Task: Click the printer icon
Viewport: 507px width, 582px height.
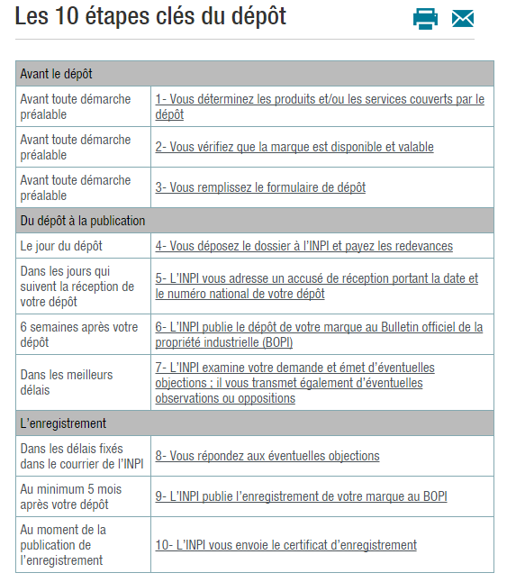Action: (425, 18)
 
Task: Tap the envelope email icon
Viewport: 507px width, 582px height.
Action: (463, 18)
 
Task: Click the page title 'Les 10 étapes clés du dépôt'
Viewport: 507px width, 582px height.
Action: (150, 16)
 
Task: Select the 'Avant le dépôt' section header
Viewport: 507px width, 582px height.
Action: (57, 73)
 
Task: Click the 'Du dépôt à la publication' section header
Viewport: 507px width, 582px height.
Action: (83, 221)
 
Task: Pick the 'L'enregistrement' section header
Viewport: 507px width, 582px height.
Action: (63, 423)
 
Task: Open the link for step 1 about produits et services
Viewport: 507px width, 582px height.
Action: (320, 106)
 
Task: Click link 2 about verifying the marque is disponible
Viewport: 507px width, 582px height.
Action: (294, 147)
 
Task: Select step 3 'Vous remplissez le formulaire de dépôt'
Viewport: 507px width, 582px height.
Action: (260, 187)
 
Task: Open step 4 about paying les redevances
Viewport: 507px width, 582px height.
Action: (303, 246)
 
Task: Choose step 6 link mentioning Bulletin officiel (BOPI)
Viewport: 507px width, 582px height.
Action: (319, 334)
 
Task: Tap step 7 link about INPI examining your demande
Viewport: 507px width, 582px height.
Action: (294, 383)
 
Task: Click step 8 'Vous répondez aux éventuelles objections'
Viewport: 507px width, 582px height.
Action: (267, 456)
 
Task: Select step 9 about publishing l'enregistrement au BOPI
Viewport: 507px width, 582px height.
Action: (301, 496)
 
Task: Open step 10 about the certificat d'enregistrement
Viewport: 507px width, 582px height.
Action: (285, 545)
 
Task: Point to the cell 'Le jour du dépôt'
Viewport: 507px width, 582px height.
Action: (61, 246)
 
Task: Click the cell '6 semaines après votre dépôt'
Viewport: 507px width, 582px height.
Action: (79, 334)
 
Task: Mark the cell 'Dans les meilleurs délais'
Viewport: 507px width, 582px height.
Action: (67, 383)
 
